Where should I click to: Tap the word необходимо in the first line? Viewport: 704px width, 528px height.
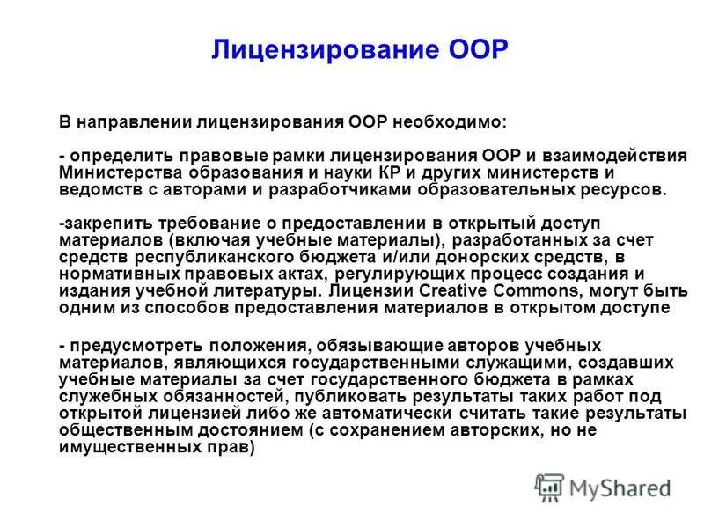(x=456, y=121)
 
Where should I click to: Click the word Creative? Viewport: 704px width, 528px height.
(x=416, y=290)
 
